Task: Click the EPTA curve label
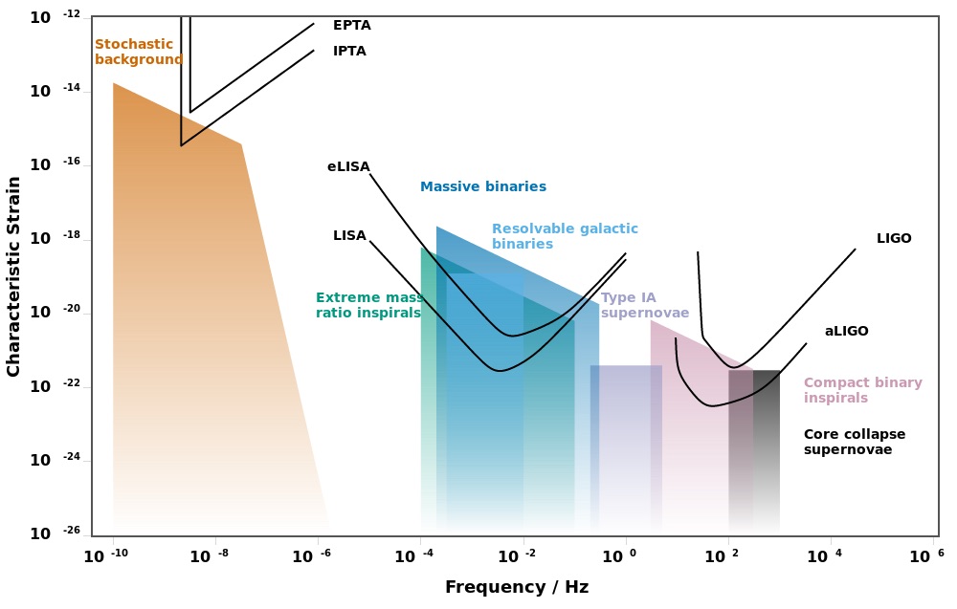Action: point(351,25)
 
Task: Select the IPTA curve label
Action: point(349,51)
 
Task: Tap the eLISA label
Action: point(348,166)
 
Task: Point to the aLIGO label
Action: point(846,331)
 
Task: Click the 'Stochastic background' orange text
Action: point(138,52)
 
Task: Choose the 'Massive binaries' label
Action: point(483,186)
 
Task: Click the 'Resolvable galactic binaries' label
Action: point(565,236)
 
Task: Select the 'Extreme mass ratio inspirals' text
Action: point(368,305)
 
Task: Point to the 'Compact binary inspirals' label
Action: point(862,390)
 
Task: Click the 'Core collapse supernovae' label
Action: point(854,442)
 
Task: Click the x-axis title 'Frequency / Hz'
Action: point(516,587)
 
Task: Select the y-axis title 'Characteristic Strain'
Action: point(13,275)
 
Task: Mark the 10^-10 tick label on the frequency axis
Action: point(104,555)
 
